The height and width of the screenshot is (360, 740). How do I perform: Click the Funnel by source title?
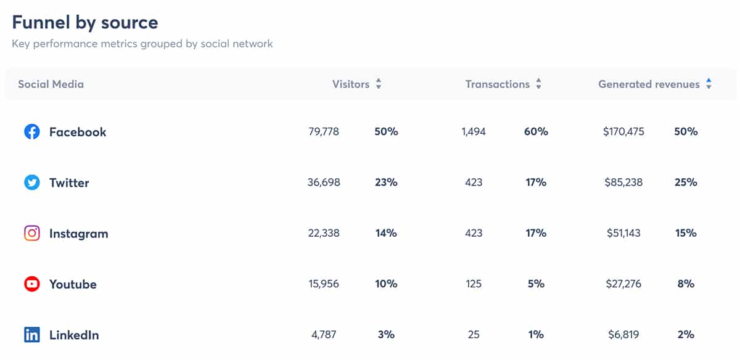pos(85,23)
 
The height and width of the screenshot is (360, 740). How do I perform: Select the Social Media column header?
pos(51,84)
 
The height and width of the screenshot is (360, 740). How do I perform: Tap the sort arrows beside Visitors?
pos(379,84)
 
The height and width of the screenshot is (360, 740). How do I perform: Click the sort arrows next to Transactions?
pos(538,84)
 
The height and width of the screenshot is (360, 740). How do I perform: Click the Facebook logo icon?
pos(31,132)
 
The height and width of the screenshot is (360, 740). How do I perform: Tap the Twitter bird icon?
pos(31,182)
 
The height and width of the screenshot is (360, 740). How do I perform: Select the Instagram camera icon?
pos(31,234)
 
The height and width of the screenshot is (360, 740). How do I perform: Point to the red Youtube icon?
pos(31,284)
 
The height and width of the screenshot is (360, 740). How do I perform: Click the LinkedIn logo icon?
pos(31,335)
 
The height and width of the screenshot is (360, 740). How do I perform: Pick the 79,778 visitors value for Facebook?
pos(324,132)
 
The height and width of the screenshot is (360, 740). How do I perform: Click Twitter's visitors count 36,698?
pos(324,182)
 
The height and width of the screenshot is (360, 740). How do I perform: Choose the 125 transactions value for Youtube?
pos(474,284)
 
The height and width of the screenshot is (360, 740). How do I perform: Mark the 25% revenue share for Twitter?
pos(686,182)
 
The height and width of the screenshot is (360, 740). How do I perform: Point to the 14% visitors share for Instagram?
pos(385,234)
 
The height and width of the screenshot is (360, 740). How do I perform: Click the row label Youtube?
pos(73,284)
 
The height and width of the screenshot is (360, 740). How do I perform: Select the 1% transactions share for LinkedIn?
pos(535,335)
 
